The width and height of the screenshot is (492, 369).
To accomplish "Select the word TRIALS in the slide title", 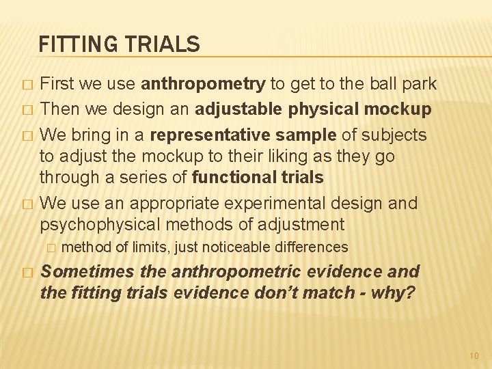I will [x=162, y=45].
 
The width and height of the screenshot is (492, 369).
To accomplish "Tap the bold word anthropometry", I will [x=203, y=85].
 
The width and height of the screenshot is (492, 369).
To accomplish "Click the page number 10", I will [x=474, y=355].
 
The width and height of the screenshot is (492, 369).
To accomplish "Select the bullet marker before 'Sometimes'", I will [x=27, y=272].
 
